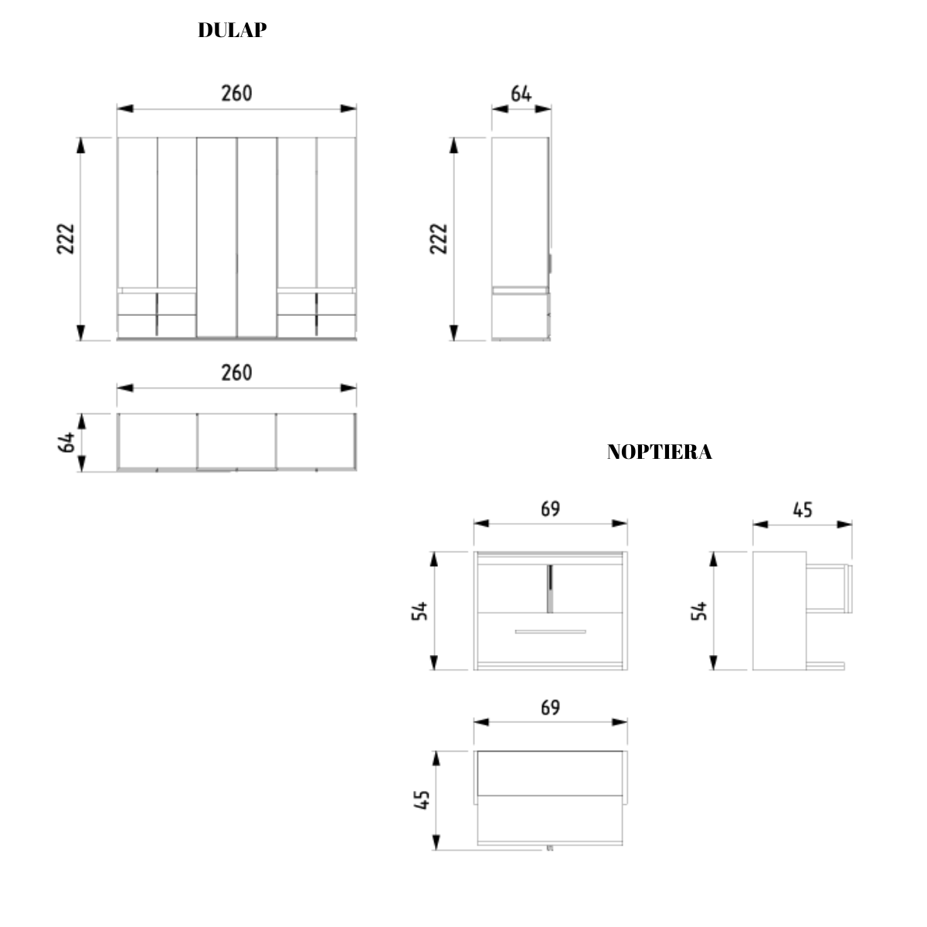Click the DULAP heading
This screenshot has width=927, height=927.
click(x=233, y=30)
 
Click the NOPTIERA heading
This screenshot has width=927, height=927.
click(x=659, y=452)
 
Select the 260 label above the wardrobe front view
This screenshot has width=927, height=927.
click(x=236, y=93)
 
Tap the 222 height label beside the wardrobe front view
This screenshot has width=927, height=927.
click(x=66, y=239)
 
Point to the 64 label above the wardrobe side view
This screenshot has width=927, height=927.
click(x=521, y=93)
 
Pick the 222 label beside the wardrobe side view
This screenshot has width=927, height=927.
click(x=439, y=239)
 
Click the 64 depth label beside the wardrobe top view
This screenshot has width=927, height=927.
click(x=66, y=443)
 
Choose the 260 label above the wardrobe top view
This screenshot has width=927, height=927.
click(x=236, y=372)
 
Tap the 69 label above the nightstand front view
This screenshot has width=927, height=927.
click(x=550, y=509)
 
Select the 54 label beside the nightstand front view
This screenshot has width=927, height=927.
click(x=420, y=611)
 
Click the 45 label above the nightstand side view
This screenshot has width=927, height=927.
click(x=803, y=510)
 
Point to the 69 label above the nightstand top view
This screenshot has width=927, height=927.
click(x=550, y=708)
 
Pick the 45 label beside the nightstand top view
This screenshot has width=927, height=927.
click(x=422, y=800)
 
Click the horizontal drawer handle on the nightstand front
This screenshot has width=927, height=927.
click(x=550, y=632)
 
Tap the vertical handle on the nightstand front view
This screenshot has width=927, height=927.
click(x=549, y=588)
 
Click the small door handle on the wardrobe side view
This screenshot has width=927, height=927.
click(x=550, y=263)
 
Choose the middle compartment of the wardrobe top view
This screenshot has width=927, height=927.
click(x=236, y=441)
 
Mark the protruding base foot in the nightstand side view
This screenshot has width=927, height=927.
click(x=826, y=665)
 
